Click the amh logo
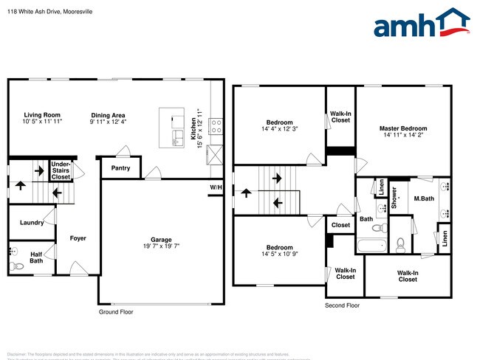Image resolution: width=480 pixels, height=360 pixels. [x=421, y=24]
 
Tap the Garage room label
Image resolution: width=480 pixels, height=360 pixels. [x=162, y=240]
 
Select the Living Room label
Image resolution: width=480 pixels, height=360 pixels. [x=42, y=115]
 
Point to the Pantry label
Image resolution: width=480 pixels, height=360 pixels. [x=120, y=168]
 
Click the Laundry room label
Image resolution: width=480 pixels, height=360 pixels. [x=31, y=222]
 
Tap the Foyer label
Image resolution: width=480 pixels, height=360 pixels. [x=78, y=238]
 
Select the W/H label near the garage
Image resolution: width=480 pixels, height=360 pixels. [x=216, y=187]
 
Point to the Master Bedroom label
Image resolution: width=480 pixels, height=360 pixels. [x=403, y=128]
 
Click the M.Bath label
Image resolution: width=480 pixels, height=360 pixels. [x=423, y=198]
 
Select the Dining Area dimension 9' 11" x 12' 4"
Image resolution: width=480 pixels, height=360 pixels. [x=108, y=122]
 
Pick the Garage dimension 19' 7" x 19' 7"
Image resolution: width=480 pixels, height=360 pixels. [x=162, y=247]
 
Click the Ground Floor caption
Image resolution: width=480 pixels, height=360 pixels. [x=116, y=312]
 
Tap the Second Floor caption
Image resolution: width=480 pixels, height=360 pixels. [x=342, y=305]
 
